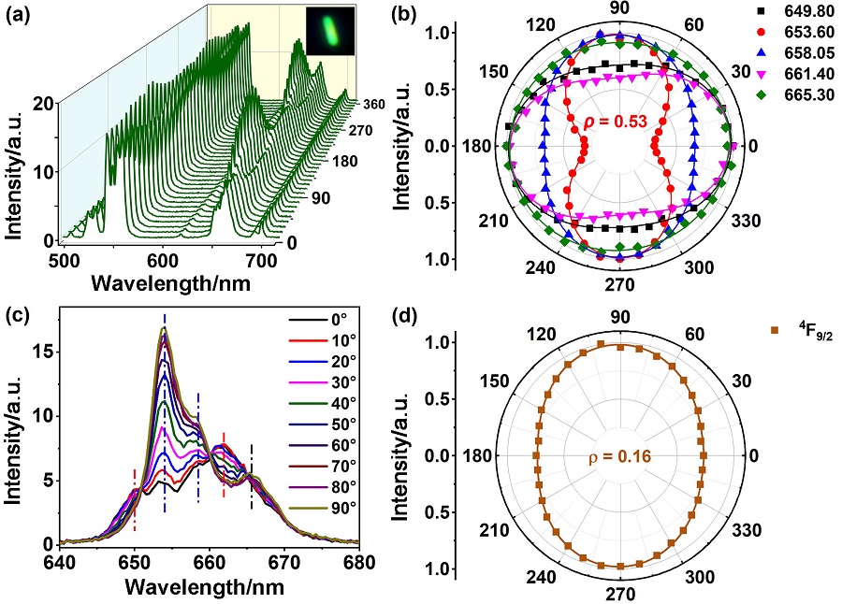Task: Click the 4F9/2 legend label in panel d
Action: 808,327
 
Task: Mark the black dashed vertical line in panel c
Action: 251,477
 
